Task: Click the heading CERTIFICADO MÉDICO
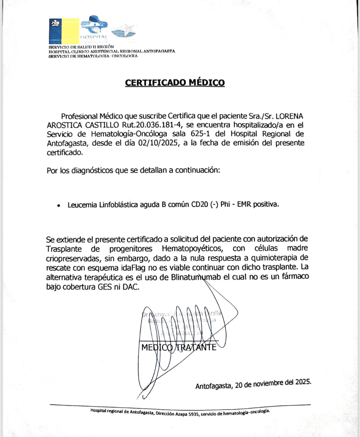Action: pos(175,83)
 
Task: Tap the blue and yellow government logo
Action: pos(64,31)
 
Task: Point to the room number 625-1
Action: pos(201,134)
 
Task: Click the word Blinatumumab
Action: pos(196,277)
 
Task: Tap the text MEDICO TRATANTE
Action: pos(179,348)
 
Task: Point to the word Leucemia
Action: pos(82,205)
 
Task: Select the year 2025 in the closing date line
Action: pos(303,382)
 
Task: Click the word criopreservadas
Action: pos(73,258)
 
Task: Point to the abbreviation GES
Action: pos(104,287)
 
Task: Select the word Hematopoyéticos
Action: pos(192,249)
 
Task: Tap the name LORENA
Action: pos(289,116)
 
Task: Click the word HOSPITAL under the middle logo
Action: pos(94,37)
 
